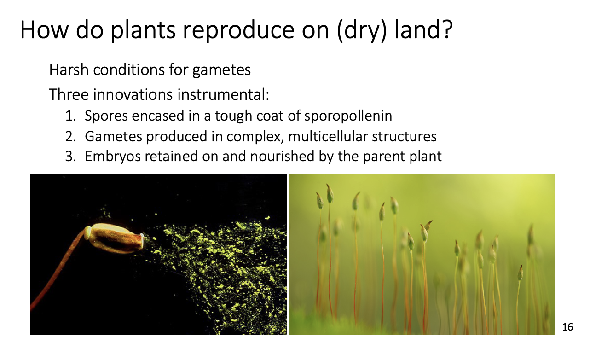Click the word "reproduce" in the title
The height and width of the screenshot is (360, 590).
(x=238, y=31)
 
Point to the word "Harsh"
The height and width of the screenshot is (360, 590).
(x=69, y=70)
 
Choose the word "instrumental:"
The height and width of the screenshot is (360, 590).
(x=223, y=94)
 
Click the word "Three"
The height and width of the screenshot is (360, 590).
(x=69, y=94)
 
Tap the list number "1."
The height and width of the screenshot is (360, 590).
(x=70, y=116)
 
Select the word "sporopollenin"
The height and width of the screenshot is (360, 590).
(x=348, y=116)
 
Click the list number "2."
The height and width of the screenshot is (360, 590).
(x=70, y=137)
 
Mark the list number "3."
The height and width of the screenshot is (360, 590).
(x=70, y=156)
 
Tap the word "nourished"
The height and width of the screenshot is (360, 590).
(x=282, y=156)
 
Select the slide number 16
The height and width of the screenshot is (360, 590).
(x=567, y=327)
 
